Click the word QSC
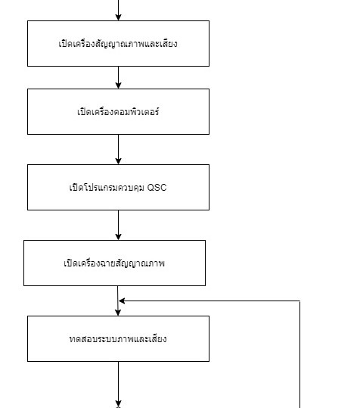(x=157, y=188)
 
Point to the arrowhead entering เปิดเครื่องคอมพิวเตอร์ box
(x=118, y=86)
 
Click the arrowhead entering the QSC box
(x=118, y=161)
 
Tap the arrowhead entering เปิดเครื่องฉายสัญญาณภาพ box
(x=118, y=237)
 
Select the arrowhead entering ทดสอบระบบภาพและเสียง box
(x=118, y=313)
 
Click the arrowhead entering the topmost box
(x=118, y=17)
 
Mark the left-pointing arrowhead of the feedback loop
(x=122, y=301)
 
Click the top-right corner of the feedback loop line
(x=300, y=301)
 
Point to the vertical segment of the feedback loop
(x=300, y=354)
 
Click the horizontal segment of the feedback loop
(x=209, y=301)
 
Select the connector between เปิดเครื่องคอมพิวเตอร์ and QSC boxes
(x=118, y=149)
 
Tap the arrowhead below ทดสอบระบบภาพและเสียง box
(x=118, y=404)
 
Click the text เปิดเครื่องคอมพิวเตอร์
(x=118, y=112)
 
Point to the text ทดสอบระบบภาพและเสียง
(x=118, y=339)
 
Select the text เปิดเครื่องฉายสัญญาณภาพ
(x=114, y=263)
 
